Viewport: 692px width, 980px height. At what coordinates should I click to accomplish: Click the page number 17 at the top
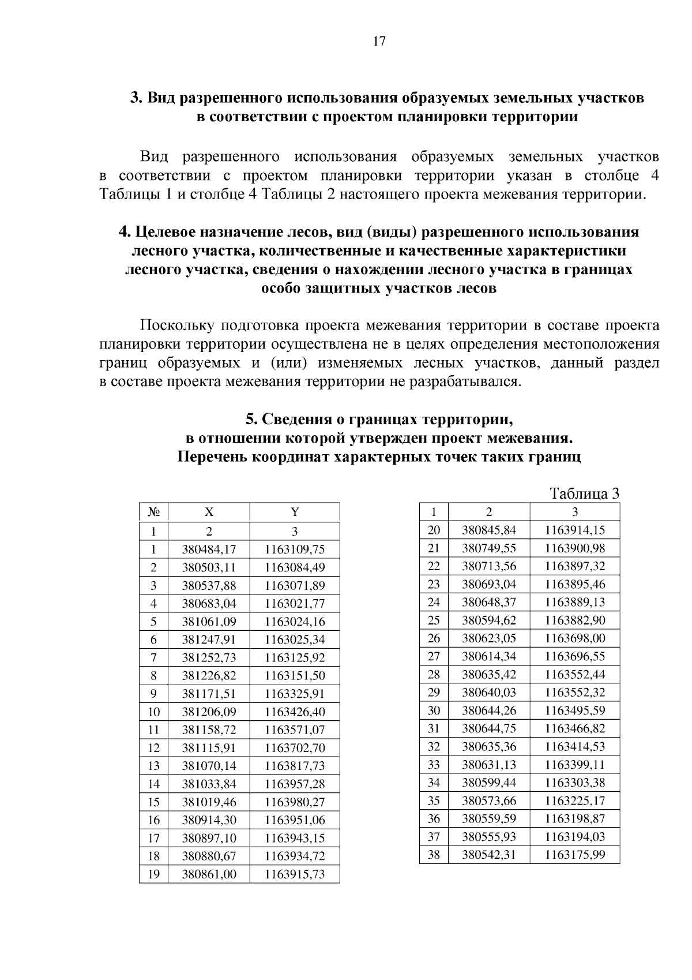[379, 41]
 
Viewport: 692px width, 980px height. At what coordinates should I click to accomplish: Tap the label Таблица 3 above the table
[584, 494]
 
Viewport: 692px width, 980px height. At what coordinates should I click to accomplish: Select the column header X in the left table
[209, 513]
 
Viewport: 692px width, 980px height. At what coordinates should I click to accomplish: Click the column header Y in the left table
[295, 513]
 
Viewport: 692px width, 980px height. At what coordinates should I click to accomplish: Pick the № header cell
[153, 513]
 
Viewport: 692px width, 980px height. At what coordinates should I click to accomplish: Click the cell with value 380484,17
[209, 549]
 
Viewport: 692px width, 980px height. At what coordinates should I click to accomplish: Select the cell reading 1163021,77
[295, 604]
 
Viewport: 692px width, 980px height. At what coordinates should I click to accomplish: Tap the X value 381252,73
[209, 658]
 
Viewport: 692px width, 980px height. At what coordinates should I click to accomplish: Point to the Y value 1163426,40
[295, 712]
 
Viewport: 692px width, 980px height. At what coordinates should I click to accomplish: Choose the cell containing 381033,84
[209, 784]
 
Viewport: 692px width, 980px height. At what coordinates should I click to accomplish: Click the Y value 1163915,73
[295, 874]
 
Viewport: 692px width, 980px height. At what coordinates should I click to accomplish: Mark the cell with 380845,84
[489, 530]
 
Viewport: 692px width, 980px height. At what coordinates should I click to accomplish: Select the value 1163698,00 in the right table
[575, 638]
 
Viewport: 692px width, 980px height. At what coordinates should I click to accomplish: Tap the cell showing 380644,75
[489, 728]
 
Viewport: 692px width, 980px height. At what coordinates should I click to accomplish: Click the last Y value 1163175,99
[575, 855]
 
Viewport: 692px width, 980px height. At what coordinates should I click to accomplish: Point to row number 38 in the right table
[434, 855]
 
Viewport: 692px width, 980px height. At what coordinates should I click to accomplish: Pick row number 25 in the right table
[434, 620]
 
